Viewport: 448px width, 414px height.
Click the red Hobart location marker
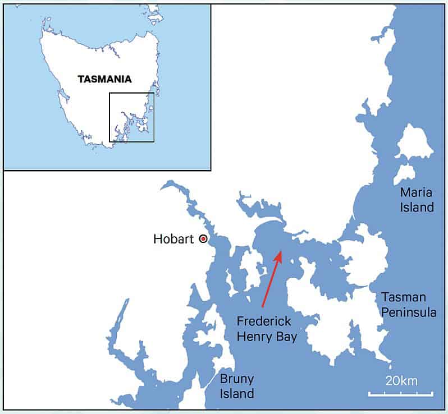pos(203,239)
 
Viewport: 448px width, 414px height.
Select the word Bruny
pos(237,378)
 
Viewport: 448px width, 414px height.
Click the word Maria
pos(416,192)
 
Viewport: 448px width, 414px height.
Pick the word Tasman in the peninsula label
pos(404,297)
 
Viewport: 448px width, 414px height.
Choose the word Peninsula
pos(409,312)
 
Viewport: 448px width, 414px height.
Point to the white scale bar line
pos(401,394)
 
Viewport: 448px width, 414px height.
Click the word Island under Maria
pos(417,208)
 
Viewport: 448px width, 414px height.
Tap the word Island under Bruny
pos(237,393)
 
